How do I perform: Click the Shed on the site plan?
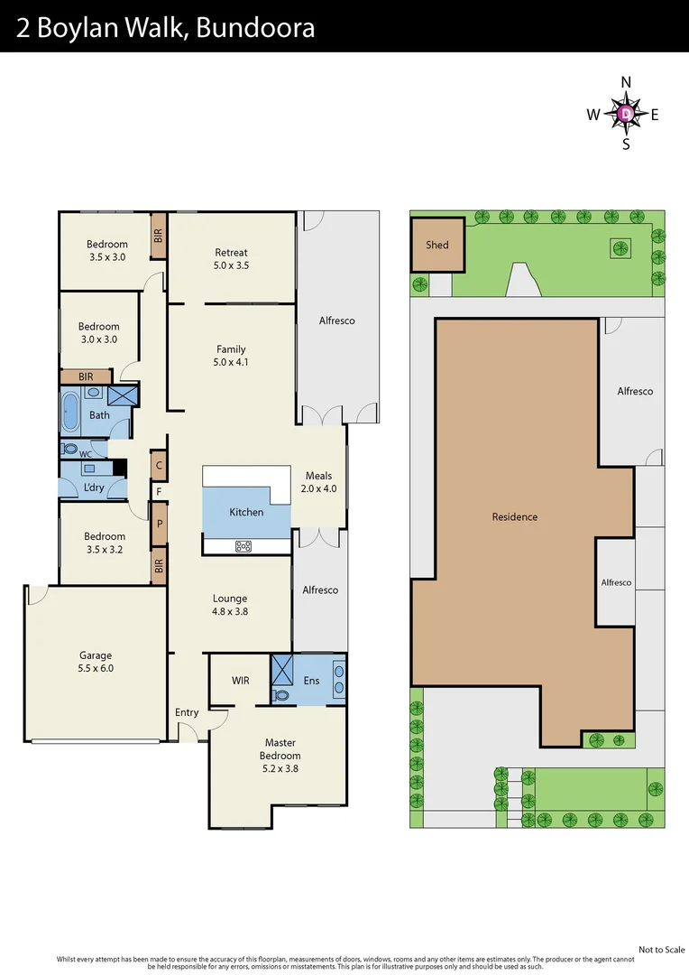(x=437, y=245)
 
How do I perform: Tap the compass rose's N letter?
(x=626, y=82)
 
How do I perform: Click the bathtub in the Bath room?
(x=71, y=411)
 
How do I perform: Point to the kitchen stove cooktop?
(x=243, y=545)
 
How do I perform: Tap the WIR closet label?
(x=240, y=681)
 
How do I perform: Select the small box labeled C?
(x=159, y=466)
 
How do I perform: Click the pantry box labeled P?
(x=159, y=524)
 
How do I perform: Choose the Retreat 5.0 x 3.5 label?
(x=231, y=259)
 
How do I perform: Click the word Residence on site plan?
(x=514, y=517)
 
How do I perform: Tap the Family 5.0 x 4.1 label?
(x=231, y=356)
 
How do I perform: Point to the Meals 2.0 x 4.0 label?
(x=318, y=482)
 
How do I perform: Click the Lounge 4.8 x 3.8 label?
(x=230, y=605)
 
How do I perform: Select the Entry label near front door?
(x=187, y=712)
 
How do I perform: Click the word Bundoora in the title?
(x=255, y=28)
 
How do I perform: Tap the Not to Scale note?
(x=661, y=950)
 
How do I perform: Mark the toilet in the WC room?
(x=70, y=449)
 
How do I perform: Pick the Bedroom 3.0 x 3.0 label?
(x=98, y=333)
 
